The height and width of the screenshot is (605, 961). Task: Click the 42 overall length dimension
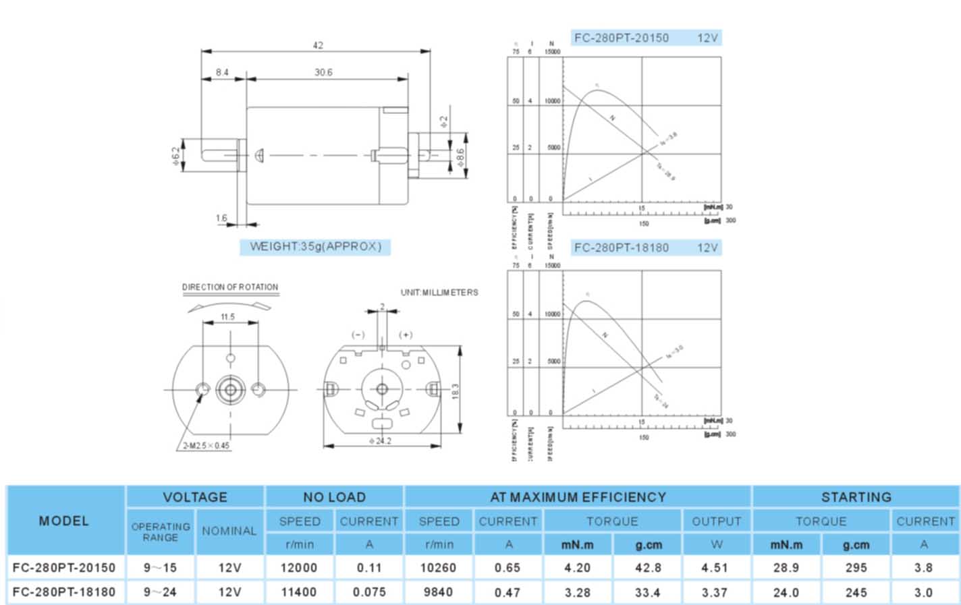click(318, 45)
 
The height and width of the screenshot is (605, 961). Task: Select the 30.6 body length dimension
click(323, 72)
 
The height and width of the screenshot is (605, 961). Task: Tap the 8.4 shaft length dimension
click(222, 72)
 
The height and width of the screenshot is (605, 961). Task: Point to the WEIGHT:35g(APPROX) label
click(315, 246)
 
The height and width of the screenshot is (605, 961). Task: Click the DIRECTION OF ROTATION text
click(230, 287)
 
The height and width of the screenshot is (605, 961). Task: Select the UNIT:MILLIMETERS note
click(439, 292)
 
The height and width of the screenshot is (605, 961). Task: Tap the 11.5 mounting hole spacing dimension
click(227, 316)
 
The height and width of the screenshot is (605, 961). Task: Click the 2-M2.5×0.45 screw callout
click(206, 445)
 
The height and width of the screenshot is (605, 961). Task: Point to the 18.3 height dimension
click(456, 391)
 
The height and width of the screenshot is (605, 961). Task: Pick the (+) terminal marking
click(406, 335)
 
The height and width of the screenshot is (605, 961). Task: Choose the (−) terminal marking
click(358, 335)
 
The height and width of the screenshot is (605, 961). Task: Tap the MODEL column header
click(64, 521)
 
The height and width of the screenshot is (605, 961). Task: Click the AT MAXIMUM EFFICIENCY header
click(578, 497)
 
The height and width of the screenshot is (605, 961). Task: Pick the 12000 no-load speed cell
click(298, 568)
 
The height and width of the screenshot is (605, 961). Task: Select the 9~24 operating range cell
click(160, 592)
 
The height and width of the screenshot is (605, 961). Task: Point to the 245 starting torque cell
click(856, 592)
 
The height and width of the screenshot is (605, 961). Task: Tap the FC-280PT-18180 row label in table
click(64, 592)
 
